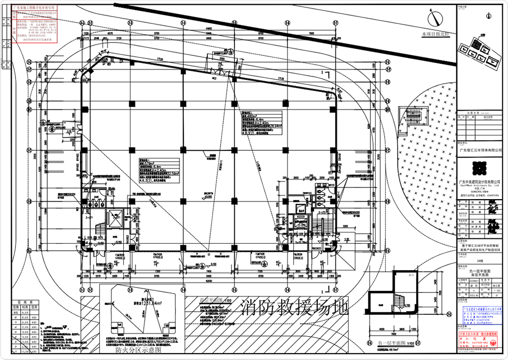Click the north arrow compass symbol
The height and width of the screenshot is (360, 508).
pos(435,19)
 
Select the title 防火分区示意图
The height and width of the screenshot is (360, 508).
pos(133,350)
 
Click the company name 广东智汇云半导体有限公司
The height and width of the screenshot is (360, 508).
pos(480,150)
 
